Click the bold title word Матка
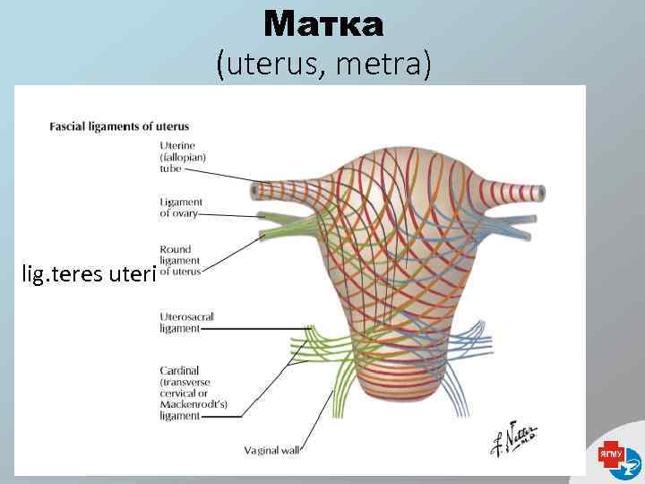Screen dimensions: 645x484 (323, 24)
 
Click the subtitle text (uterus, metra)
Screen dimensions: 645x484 (323, 63)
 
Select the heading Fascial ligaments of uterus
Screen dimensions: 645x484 (119, 126)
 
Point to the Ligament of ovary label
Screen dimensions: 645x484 (181, 208)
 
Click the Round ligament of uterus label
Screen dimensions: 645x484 (180, 260)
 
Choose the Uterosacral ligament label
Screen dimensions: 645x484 (186, 323)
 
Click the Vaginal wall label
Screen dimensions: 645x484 (273, 450)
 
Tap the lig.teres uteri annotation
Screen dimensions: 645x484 (89, 273)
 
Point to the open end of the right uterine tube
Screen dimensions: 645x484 (541, 193)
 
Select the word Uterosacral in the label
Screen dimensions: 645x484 (186, 316)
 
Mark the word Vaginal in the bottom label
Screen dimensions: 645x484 (262, 450)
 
